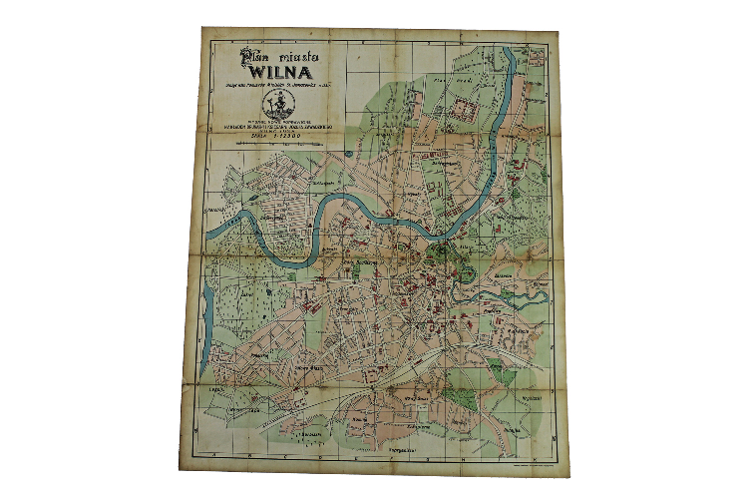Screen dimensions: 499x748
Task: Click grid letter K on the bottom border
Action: (499, 468)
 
